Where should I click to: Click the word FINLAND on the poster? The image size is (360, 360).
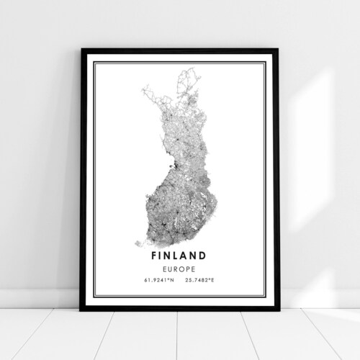[180, 255]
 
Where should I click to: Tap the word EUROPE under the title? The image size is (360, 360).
[180, 266]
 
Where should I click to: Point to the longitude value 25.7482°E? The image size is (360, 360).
[199, 276]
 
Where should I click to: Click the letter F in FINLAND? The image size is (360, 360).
[155, 255]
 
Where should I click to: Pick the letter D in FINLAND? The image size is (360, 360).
[204, 255]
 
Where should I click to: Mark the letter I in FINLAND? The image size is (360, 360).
[163, 255]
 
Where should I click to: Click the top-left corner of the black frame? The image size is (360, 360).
[83, 50]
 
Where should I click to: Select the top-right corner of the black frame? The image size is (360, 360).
[278, 50]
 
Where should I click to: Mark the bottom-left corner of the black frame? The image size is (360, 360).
[83, 309]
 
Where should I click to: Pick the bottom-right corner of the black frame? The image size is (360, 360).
[278, 309]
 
